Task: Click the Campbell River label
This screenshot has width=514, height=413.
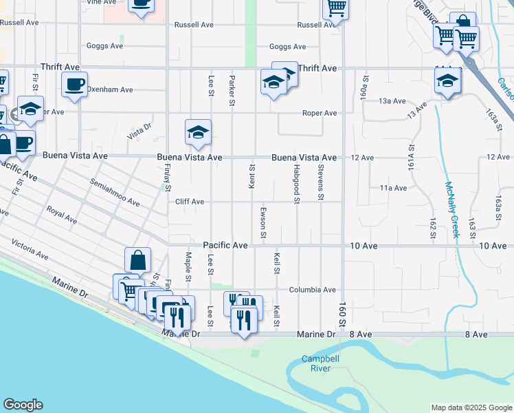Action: coord(316,363)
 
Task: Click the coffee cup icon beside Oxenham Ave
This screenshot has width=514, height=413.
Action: coord(75,85)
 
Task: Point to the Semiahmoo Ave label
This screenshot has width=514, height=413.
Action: coord(115,193)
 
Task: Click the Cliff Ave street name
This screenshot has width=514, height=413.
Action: coord(189,202)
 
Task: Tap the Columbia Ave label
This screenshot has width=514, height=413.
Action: coord(312,290)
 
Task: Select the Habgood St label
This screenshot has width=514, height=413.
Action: coord(297,187)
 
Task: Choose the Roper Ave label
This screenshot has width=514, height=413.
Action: coord(320,113)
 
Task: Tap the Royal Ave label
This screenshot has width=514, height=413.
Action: coord(61,215)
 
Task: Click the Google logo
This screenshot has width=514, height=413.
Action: coord(23,405)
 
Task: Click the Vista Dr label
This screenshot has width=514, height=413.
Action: coord(139,129)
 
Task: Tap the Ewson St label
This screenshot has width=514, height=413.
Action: coord(263,222)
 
